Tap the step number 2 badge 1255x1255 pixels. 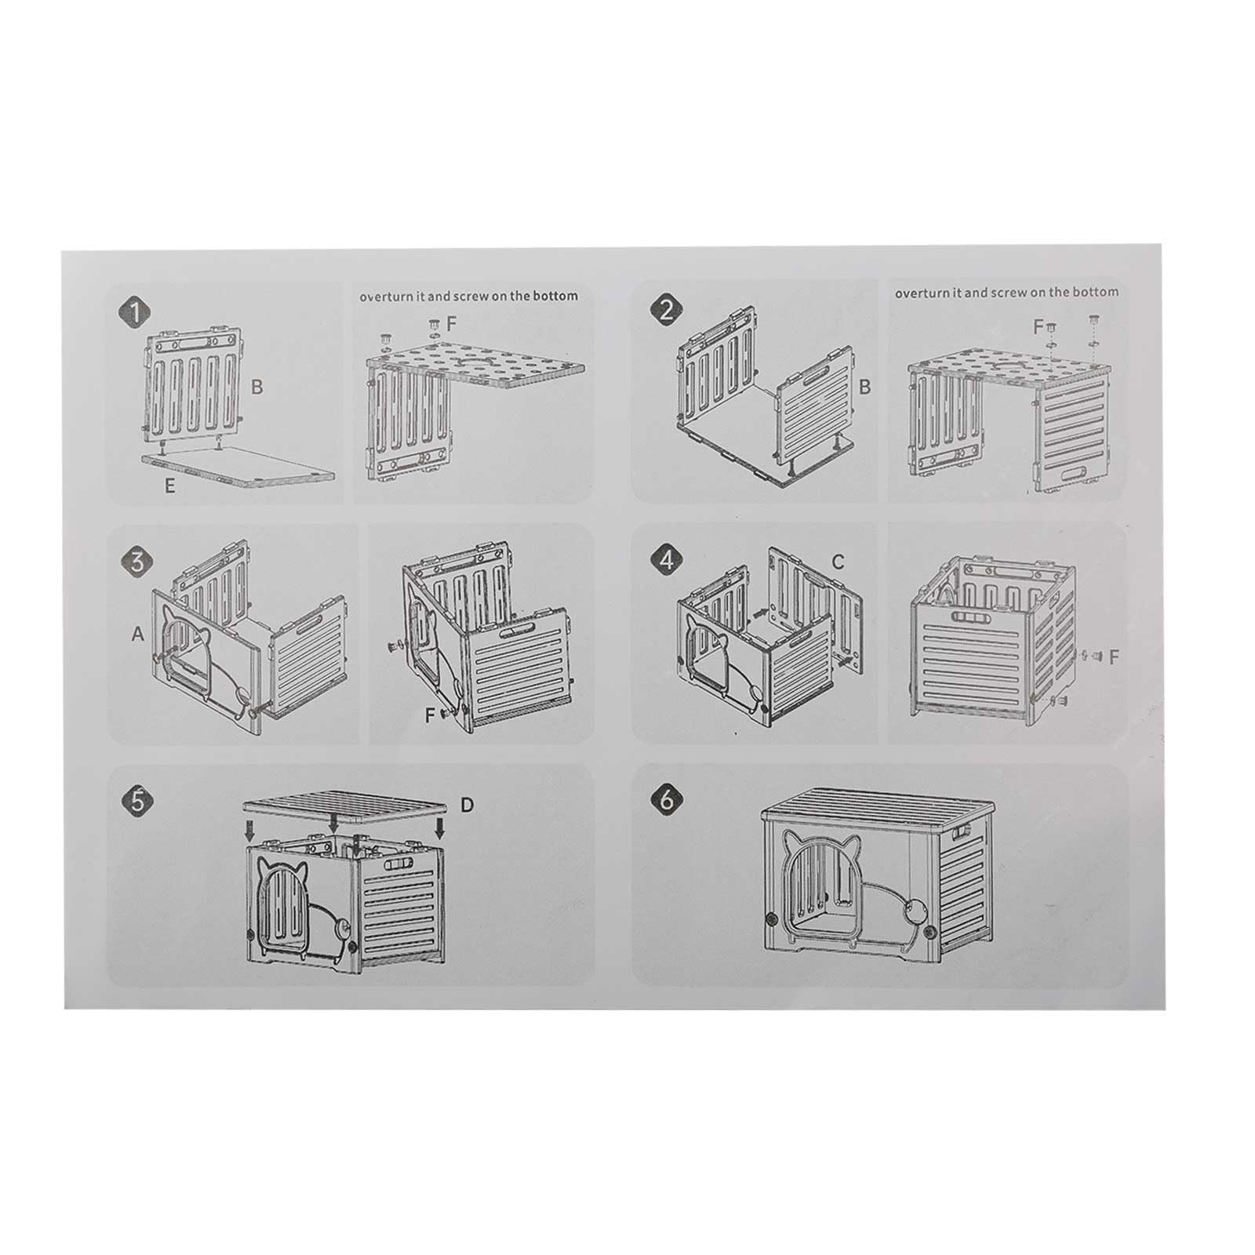click(x=666, y=311)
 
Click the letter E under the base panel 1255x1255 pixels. click(x=169, y=486)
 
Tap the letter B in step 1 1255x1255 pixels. click(x=256, y=387)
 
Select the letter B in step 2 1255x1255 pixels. click(x=865, y=387)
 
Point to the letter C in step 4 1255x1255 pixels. click(x=838, y=562)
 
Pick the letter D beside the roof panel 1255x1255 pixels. click(x=467, y=805)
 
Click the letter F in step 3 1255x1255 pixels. click(x=429, y=715)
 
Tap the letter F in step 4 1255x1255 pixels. click(x=1115, y=657)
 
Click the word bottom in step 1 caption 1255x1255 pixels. click(x=555, y=296)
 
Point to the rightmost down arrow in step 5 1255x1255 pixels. click(x=440, y=828)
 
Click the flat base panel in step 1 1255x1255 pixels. click(x=239, y=468)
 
